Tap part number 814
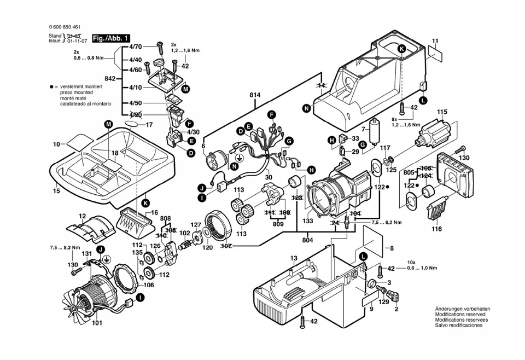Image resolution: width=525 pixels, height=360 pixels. tap(254, 95)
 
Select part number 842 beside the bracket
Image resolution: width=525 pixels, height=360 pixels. tap(109, 79)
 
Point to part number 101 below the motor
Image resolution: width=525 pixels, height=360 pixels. tap(96, 322)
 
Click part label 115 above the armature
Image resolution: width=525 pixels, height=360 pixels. tap(441, 113)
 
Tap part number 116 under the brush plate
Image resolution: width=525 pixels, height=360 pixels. tap(436, 229)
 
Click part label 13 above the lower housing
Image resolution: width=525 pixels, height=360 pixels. tap(293, 258)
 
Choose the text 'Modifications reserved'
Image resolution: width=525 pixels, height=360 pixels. tap(460, 315)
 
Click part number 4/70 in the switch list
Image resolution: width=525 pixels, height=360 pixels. tap(136, 47)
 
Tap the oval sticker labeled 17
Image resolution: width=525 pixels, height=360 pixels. tap(134, 125)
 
